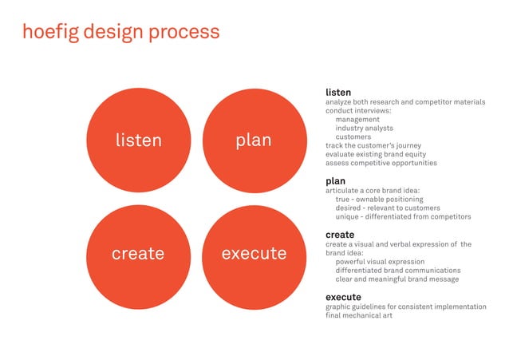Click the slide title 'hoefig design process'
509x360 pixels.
[x=121, y=32]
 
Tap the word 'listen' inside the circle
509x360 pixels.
[x=138, y=140]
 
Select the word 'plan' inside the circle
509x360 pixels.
[x=254, y=140]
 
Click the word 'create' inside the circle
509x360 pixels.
[x=138, y=253]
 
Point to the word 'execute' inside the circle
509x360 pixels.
[x=254, y=253]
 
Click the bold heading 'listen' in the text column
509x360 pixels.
[x=338, y=93]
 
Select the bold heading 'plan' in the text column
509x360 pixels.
[x=335, y=181]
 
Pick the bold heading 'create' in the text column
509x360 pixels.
[x=340, y=235]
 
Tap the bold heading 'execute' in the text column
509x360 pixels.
[x=343, y=297]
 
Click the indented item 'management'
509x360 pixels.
[x=357, y=120]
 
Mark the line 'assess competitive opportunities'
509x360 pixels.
[x=381, y=163]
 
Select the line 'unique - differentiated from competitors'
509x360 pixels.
[x=403, y=216]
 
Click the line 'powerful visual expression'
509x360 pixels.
[x=380, y=261]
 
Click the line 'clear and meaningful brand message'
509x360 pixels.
[x=397, y=279]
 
